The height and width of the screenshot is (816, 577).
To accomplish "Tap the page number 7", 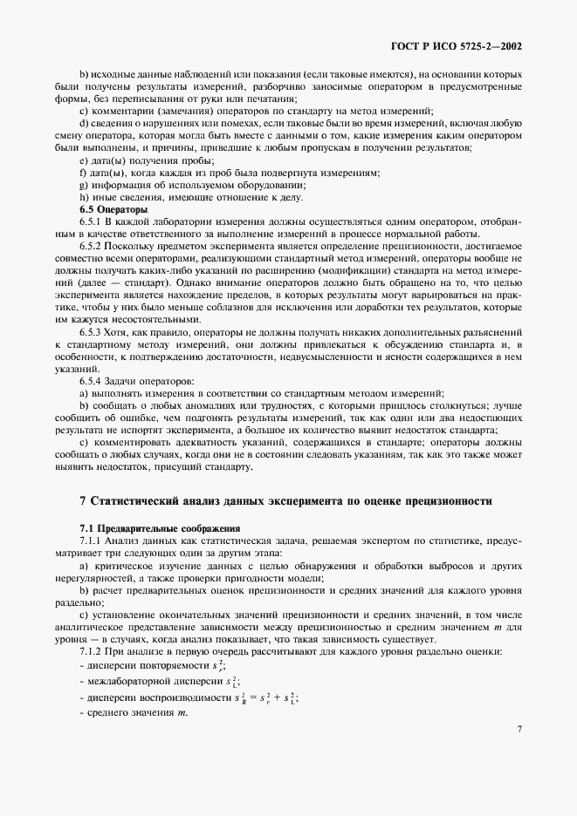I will tap(519, 728).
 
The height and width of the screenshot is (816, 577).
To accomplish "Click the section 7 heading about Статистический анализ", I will tap(285, 501).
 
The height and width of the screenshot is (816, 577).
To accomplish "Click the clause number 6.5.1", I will tap(92, 223).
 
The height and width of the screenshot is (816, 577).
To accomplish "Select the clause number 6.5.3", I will tap(92, 332).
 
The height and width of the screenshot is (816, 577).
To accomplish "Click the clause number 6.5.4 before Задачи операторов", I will tap(92, 381).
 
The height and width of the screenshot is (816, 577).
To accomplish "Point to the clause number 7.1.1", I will tap(92, 541).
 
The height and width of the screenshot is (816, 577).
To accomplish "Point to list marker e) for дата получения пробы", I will tap(84, 160).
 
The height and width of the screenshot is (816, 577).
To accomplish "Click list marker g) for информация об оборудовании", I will tap(84, 185).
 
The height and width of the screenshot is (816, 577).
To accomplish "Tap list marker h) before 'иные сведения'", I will tap(84, 197).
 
